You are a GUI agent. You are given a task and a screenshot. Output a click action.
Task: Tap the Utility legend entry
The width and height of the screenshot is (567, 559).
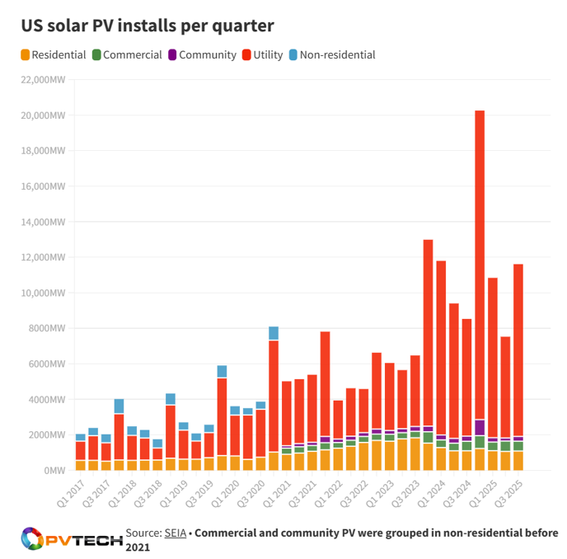click(x=262, y=54)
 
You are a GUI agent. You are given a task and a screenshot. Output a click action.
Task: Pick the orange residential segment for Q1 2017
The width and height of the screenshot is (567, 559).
click(x=81, y=465)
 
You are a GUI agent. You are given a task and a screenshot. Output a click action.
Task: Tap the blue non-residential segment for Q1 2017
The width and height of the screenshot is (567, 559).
click(x=81, y=437)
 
